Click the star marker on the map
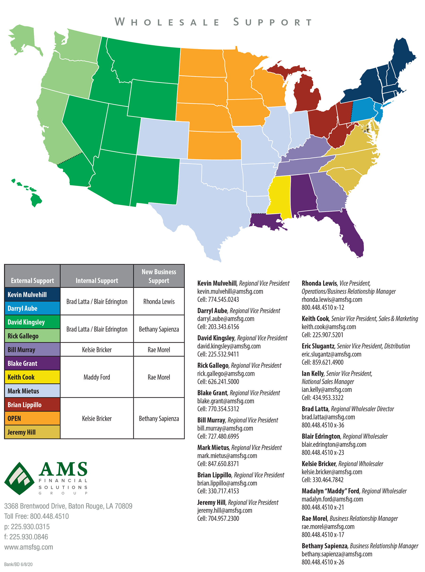click(365, 128)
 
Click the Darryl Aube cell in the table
click(32, 308)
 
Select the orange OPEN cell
click(32, 418)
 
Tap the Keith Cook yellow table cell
click(32, 377)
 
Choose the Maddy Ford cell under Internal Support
click(97, 377)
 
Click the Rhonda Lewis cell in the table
click(159, 301)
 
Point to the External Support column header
click(32, 280)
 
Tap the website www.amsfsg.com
click(29, 547)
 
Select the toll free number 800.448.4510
click(49, 516)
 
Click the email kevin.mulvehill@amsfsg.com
click(230, 291)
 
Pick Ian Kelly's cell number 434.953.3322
click(328, 397)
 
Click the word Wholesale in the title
click(167, 22)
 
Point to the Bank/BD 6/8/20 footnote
click(18, 564)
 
